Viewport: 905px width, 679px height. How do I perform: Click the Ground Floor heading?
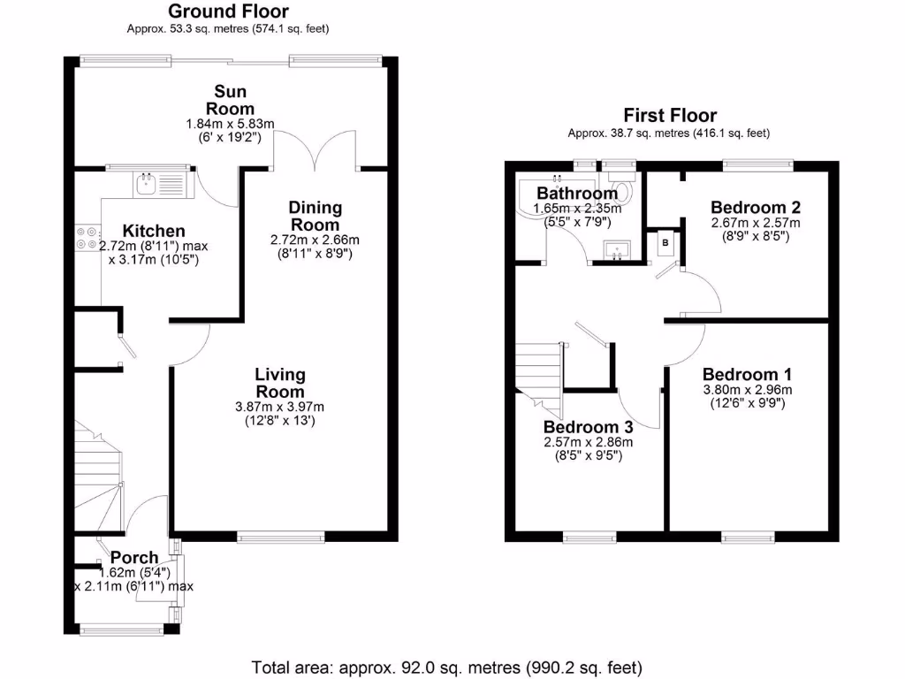[x=228, y=11]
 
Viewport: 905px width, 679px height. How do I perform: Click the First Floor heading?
[x=670, y=116]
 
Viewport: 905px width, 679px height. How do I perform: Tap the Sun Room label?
[x=231, y=101]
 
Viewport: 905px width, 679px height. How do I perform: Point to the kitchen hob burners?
[x=87, y=235]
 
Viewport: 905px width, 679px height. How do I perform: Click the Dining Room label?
[x=315, y=216]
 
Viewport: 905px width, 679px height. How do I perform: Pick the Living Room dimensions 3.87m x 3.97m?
[x=279, y=407]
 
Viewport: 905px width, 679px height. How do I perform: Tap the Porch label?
[x=134, y=558]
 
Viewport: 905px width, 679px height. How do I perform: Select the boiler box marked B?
[x=665, y=242]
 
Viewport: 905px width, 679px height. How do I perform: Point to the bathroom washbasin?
[x=617, y=250]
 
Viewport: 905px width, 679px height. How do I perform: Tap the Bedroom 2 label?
[x=756, y=208]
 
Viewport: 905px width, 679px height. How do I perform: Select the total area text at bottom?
[x=447, y=667]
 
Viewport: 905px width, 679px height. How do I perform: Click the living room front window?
[x=281, y=536]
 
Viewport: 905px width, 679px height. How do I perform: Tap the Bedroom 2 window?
[x=757, y=164]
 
